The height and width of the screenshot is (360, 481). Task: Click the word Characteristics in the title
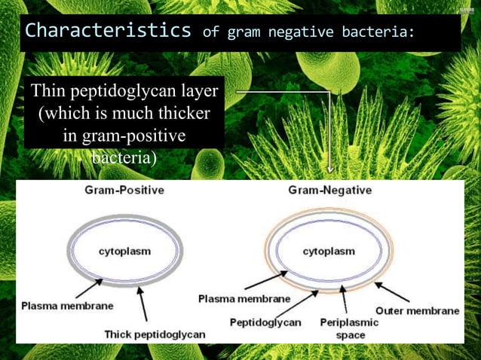click(x=108, y=31)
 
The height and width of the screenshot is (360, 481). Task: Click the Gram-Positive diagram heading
click(x=124, y=191)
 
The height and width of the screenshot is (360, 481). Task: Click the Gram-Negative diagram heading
click(x=329, y=191)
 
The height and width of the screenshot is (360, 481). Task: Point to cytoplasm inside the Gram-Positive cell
click(x=124, y=251)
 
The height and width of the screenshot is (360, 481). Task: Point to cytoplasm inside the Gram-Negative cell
click(x=329, y=251)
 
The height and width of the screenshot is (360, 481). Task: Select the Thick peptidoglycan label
click(x=155, y=334)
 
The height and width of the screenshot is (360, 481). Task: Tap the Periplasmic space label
click(x=349, y=328)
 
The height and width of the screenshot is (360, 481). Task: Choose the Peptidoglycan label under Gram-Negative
click(x=265, y=322)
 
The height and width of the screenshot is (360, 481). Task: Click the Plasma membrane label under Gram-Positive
click(x=67, y=306)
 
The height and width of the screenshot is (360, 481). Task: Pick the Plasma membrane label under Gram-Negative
click(x=244, y=299)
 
